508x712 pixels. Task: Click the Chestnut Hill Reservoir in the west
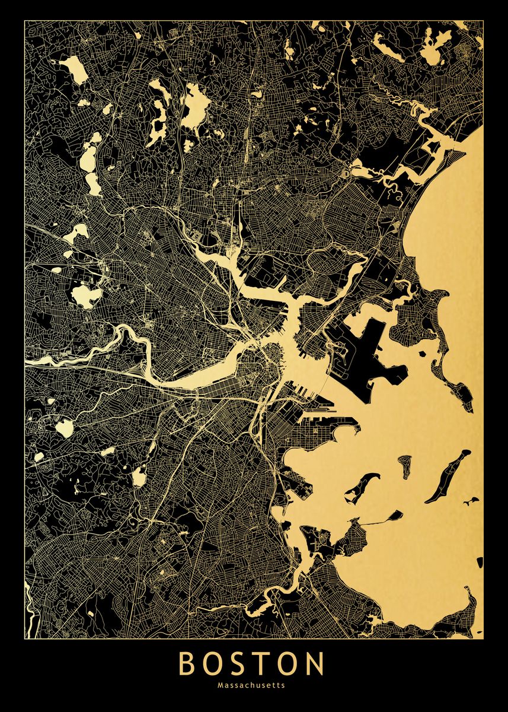pyautogui.click(x=64, y=428)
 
